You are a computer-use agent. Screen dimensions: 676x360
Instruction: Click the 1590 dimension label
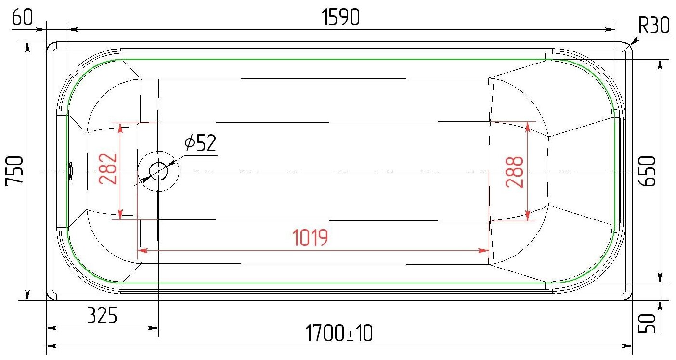coord(341,18)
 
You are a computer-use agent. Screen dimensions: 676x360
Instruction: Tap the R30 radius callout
coord(654,25)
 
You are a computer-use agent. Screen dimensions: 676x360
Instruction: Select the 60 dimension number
coord(22,18)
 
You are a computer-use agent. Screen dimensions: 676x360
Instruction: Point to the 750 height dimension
coord(14,171)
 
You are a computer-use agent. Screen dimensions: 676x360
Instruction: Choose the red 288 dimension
coord(515,171)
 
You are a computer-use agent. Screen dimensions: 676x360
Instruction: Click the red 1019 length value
coord(311,238)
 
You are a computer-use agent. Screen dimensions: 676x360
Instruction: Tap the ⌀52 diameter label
coord(200,143)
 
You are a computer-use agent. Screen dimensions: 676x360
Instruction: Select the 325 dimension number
coord(102,316)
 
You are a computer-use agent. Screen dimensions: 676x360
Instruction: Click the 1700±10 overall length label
coord(339,334)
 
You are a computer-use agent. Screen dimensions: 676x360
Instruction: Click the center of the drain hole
coord(158,171)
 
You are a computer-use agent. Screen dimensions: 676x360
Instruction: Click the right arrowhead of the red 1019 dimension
coord(485,250)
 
